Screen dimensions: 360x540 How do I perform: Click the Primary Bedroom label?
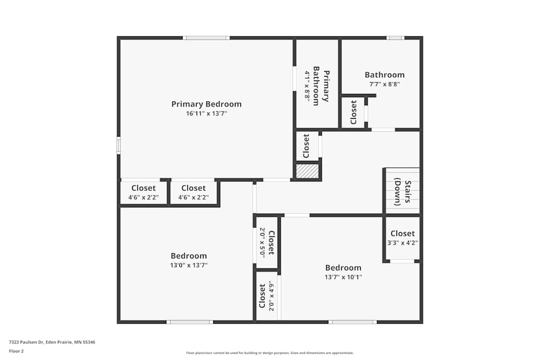[x=206, y=104]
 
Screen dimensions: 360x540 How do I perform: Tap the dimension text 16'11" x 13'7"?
[x=206, y=114]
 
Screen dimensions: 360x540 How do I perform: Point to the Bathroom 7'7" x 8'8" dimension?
[x=384, y=84]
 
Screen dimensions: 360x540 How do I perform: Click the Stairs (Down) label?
[x=403, y=193]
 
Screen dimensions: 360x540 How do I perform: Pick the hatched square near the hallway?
[x=307, y=172]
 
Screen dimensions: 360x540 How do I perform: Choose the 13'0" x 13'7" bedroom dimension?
[x=189, y=265]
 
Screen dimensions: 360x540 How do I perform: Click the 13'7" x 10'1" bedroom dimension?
[x=343, y=277]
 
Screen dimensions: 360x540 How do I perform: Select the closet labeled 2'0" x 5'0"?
[x=267, y=242]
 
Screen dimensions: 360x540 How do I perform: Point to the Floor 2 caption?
[x=17, y=351]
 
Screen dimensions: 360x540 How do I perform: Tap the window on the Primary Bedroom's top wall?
[x=206, y=38]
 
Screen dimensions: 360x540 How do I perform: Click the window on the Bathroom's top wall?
[x=395, y=38]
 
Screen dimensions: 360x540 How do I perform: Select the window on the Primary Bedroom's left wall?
[x=119, y=146]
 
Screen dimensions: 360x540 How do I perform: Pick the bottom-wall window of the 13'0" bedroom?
[x=190, y=322]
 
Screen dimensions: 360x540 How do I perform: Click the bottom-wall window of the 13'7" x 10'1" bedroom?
[x=353, y=322]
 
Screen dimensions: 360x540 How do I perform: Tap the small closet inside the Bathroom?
[x=354, y=112]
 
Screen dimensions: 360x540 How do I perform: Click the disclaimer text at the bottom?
[x=270, y=353]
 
